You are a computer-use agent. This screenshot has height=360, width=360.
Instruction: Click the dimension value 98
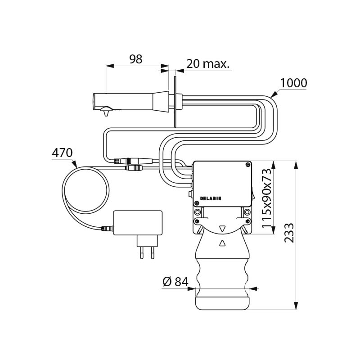coord(136,59)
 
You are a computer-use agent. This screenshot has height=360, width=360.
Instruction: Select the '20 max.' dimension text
coord(208,63)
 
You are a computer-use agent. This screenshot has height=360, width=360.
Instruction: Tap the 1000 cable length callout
coord(294,83)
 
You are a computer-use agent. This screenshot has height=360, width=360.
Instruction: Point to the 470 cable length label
coord(62,153)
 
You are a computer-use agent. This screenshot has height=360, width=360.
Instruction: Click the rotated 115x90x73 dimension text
coord(266,198)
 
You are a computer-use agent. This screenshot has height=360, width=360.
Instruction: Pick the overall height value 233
coord(289,232)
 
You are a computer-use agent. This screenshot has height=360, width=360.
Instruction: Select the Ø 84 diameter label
coord(175,282)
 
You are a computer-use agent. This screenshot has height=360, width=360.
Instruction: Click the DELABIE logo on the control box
coord(211,198)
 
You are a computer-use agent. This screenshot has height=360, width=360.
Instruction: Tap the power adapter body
coord(138,223)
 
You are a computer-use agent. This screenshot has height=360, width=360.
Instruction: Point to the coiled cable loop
coord(85,190)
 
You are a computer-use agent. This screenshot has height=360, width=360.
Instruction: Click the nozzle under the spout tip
coord(106,112)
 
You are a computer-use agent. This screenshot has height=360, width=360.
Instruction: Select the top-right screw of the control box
coord(247,165)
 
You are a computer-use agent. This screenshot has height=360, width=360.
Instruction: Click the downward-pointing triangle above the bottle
coord(222,229)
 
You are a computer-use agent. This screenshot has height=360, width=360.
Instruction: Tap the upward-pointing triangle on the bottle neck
coord(222,243)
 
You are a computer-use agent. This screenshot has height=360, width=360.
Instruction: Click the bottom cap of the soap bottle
coord(222,303)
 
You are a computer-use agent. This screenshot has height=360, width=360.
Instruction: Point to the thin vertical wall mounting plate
coord(175,102)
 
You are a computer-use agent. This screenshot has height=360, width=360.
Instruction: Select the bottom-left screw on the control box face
coord(197,203)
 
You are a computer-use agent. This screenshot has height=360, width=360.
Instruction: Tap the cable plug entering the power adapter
coord(107,229)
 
